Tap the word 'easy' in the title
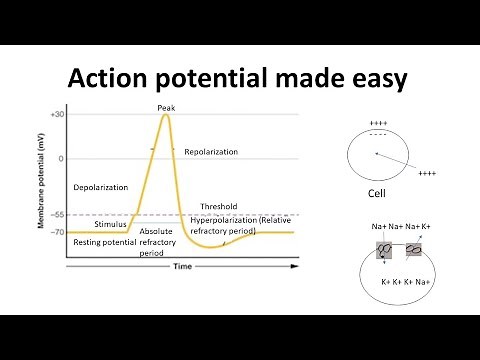pyautogui.click(x=374, y=79)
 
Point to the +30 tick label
pyautogui.click(x=57, y=114)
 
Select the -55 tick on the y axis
pyautogui.click(x=57, y=215)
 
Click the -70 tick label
pyautogui.click(x=57, y=232)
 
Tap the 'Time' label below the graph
pyautogui.click(x=183, y=267)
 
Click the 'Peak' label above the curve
pyautogui.click(x=167, y=107)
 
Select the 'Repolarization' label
pyautogui.click(x=209, y=153)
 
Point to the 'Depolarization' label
pyautogui.click(x=101, y=187)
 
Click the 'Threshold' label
pyautogui.click(x=219, y=207)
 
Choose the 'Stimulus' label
pyautogui.click(x=111, y=224)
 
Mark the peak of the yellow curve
pyautogui.click(x=165, y=115)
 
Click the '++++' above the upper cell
pyautogui.click(x=378, y=124)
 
